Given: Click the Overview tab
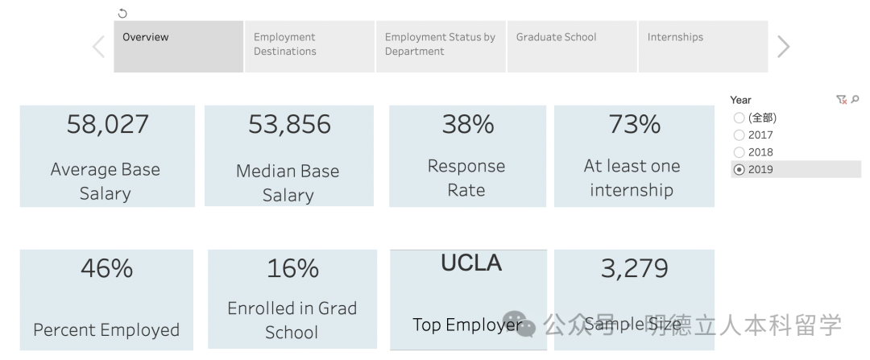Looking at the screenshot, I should click(178, 47).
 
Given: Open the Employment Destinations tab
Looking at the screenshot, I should click(309, 47).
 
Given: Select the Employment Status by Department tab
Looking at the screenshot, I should click(441, 47).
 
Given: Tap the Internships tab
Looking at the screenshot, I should click(702, 47).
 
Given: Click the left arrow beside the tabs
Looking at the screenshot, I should click(98, 47).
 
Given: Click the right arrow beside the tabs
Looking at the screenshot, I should click(783, 47).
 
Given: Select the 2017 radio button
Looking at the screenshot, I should click(739, 135).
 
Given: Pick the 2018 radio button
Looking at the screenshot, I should click(739, 152).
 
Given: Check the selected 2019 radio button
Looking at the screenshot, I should click(739, 169).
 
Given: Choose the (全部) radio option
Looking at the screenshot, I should click(739, 118).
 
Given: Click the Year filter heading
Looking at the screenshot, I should click(740, 100).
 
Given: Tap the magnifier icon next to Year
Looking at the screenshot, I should click(855, 100).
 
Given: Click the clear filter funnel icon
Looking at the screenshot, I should click(841, 100).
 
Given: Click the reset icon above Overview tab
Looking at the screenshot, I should click(122, 14).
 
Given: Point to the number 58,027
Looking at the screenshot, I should click(107, 125).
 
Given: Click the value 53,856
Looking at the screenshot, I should click(289, 125).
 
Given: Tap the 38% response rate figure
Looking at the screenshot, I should click(467, 125).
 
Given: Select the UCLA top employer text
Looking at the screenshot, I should click(471, 263).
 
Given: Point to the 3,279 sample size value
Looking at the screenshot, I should click(634, 268).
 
